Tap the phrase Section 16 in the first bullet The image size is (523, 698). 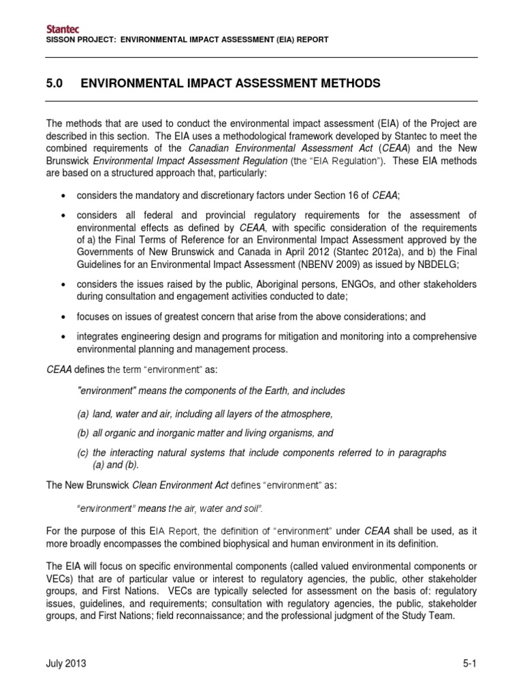328,196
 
